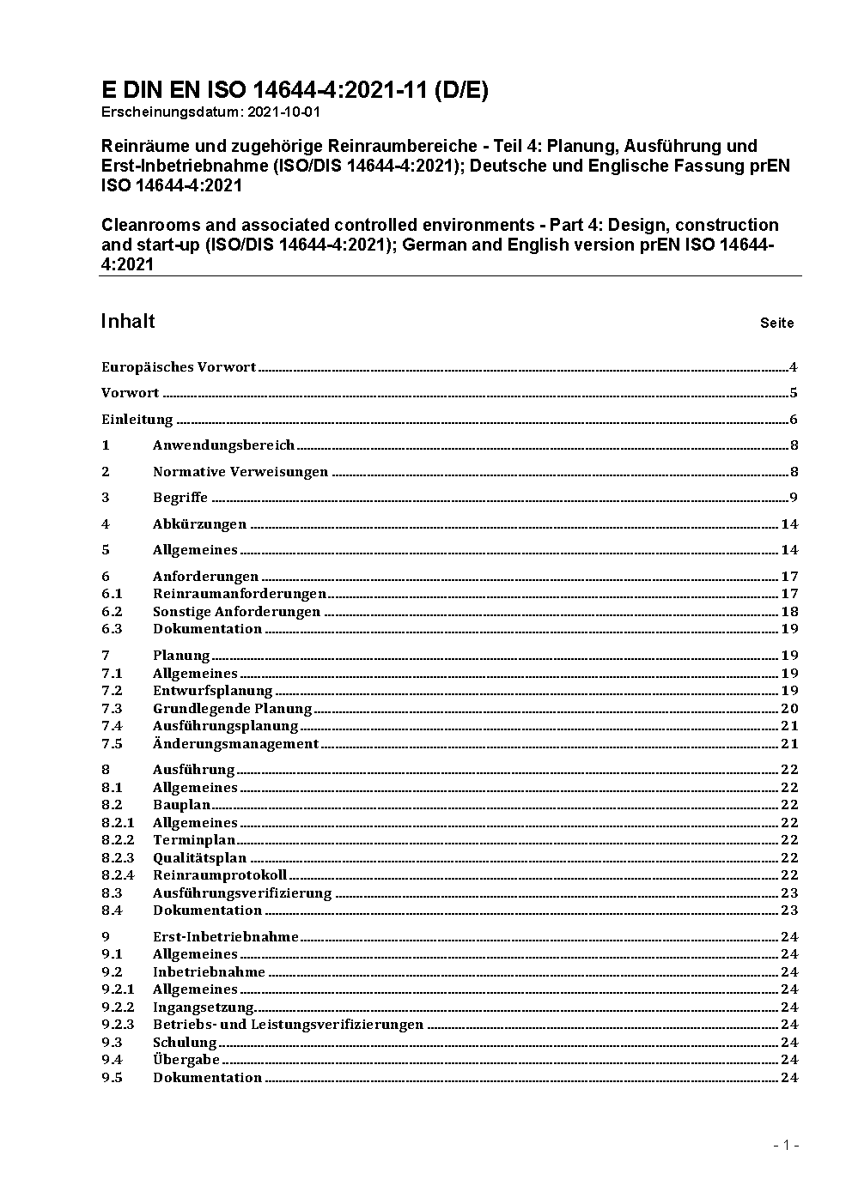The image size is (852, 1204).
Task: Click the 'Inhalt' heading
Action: pos(128,322)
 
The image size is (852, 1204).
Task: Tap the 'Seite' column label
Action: pos(776,324)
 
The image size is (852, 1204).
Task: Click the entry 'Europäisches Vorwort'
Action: pos(179,367)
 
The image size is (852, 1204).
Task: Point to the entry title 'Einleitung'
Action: pos(137,420)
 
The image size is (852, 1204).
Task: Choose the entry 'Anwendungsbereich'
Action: pos(223,445)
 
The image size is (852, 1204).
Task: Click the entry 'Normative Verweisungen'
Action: pos(240,472)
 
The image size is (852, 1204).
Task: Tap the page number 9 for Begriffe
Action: pos(794,498)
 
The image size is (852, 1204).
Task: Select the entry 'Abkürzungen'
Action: pos(199,524)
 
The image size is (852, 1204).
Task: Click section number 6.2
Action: pos(112,612)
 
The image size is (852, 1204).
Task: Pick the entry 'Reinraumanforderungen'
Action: pos(240,594)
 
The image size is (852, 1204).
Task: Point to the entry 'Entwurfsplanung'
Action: pos(212,691)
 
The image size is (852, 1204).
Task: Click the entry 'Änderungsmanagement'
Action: pos(235,744)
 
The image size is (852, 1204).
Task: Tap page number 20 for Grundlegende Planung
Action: pos(789,709)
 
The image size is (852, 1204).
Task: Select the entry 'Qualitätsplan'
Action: pos(199,858)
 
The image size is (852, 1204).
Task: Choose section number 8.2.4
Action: pos(118,875)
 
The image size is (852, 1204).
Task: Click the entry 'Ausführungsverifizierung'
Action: pos(242,893)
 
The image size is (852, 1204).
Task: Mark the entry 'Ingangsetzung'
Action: pos(204,1007)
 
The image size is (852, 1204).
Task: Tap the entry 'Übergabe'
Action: pos(186,1060)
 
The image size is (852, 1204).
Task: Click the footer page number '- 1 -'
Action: pos(786,1145)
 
